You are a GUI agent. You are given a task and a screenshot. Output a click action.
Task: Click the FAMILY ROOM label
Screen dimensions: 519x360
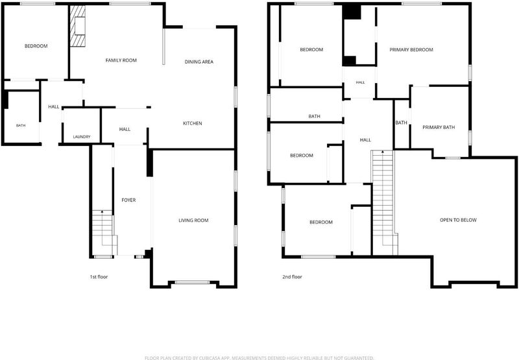point(121,60)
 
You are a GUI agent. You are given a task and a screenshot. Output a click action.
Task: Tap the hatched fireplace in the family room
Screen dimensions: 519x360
point(78,26)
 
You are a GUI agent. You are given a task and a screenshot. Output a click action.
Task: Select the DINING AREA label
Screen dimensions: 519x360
point(199,62)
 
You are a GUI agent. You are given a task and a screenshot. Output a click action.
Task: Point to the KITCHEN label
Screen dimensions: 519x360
point(193,123)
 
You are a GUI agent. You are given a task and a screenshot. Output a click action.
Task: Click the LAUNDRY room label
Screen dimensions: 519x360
point(82,137)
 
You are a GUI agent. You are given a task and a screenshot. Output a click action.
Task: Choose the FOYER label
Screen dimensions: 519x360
point(128,200)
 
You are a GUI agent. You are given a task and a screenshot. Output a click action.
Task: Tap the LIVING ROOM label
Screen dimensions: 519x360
point(193,221)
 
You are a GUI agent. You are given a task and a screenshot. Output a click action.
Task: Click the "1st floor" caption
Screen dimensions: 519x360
point(99,276)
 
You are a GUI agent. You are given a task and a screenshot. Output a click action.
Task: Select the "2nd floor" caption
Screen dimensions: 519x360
point(293,276)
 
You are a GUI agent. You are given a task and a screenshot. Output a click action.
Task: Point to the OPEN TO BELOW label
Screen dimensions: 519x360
point(459,220)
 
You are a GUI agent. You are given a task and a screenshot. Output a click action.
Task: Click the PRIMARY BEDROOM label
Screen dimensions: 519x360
point(411,50)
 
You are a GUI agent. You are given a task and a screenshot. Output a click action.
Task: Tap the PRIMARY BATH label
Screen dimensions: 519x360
point(439,127)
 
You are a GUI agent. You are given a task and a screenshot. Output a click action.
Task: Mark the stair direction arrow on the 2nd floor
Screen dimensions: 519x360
point(383,152)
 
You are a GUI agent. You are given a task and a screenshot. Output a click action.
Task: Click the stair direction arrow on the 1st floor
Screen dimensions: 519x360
point(103,211)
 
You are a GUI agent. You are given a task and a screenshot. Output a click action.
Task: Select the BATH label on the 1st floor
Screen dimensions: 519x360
point(21,125)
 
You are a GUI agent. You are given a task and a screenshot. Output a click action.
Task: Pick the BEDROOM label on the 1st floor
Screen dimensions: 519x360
point(36,46)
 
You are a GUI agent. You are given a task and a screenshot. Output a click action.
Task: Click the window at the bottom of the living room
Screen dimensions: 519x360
point(192,282)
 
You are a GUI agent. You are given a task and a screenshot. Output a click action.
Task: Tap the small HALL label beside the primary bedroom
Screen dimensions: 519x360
point(361,82)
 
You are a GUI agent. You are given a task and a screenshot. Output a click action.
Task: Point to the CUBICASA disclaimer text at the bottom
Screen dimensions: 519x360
point(259,357)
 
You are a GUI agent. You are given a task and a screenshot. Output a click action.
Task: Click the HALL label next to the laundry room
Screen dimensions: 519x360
point(125,129)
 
